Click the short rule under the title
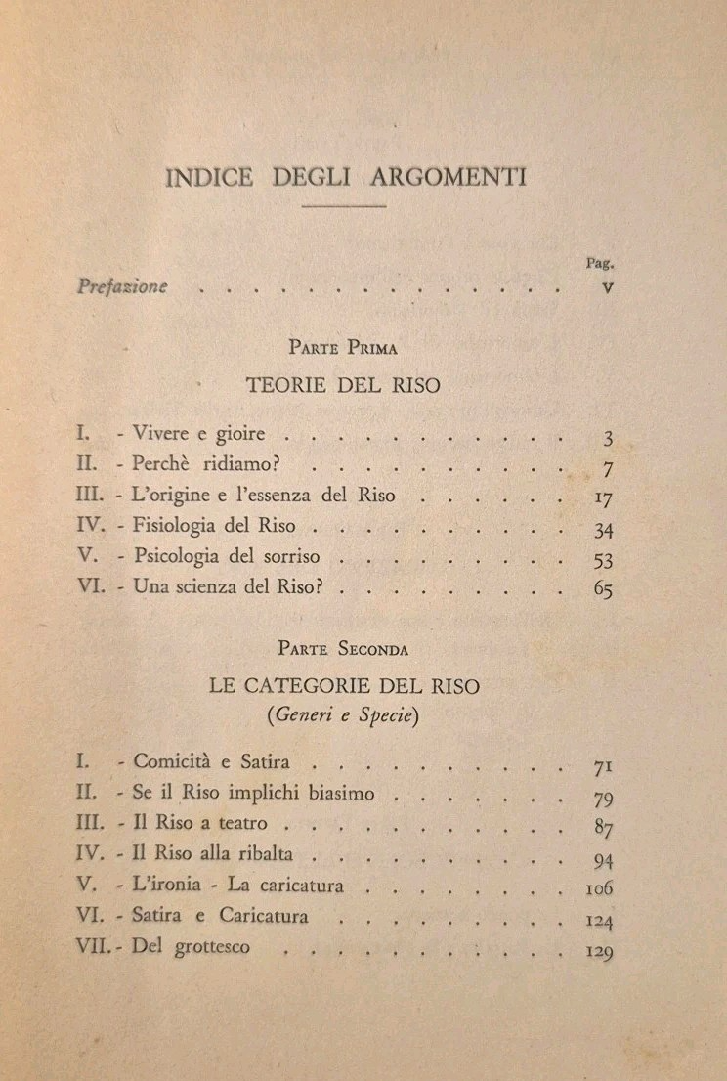tap(344, 206)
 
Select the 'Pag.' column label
tap(598, 262)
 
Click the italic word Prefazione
tap(122, 287)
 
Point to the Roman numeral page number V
tap(608, 288)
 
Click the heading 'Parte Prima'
tap(343, 347)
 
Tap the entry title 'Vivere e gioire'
tap(197, 433)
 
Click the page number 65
tap(602, 590)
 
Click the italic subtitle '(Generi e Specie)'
tap(344, 714)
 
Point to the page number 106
tap(597, 890)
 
